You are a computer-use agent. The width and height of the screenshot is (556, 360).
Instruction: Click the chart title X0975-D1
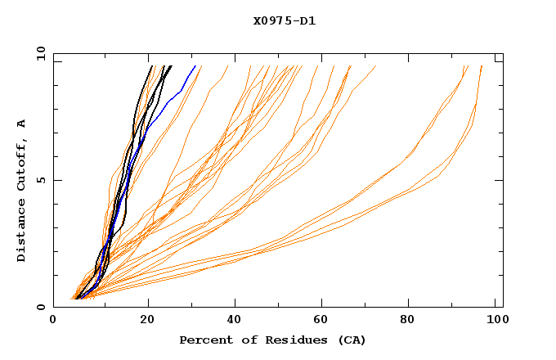click(x=285, y=20)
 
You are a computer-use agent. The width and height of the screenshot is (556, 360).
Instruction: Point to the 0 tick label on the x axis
click(x=53, y=320)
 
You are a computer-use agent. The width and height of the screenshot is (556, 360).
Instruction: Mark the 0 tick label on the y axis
click(x=40, y=307)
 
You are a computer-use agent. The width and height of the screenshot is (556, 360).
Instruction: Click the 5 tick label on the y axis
click(x=40, y=180)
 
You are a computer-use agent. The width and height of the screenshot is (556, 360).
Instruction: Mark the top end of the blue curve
click(x=195, y=66)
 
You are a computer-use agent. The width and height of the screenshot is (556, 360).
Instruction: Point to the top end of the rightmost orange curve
click(x=482, y=66)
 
